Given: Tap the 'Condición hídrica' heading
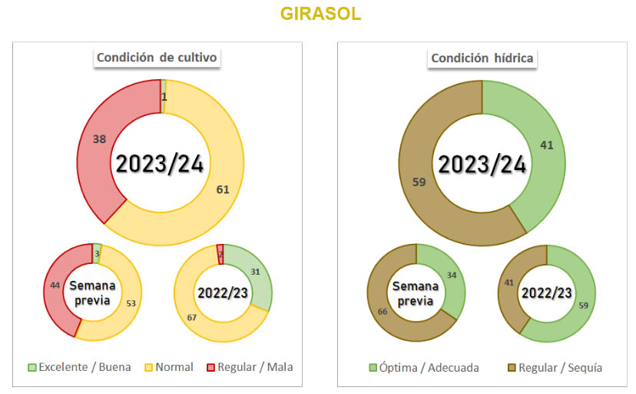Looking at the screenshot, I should [x=482, y=58].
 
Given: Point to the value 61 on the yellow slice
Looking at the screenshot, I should [x=224, y=189].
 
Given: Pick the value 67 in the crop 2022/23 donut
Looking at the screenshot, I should [x=192, y=317].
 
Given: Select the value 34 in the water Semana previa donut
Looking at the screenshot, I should [x=452, y=276].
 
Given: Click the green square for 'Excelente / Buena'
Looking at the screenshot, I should [x=31, y=368].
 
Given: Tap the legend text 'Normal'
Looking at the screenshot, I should [x=174, y=368].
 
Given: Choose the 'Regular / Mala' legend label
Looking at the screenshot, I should [x=255, y=368].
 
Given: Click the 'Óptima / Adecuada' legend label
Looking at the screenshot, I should [x=434, y=368].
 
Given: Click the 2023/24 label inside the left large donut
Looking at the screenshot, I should [x=161, y=164].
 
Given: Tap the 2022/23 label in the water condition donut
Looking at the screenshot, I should [x=547, y=293].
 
